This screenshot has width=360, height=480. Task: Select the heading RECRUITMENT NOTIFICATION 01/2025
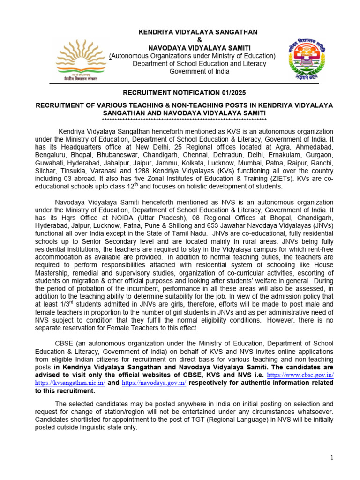184,93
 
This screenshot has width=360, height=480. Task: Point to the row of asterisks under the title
184,120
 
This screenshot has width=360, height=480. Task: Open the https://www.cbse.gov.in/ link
300,376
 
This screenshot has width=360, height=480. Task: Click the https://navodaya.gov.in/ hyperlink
154,383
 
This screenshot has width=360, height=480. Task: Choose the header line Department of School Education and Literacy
199,64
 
